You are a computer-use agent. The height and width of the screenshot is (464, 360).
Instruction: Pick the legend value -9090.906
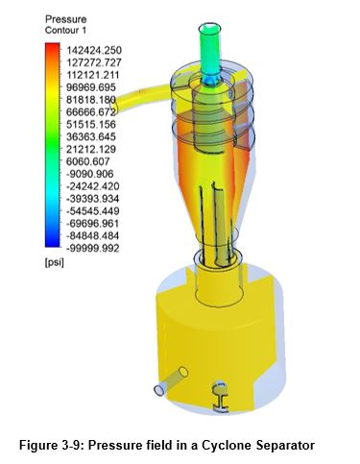pyautogui.click(x=87, y=174)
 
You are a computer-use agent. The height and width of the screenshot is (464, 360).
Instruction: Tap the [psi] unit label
pyautogui.click(x=55, y=262)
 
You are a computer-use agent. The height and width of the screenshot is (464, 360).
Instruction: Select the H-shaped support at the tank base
pyautogui.click(x=222, y=392)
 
